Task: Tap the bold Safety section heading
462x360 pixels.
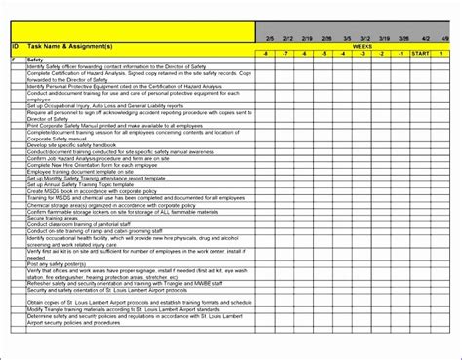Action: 37,59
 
